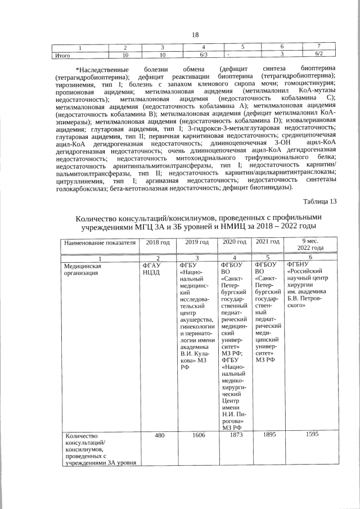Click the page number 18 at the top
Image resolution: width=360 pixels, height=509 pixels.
(195, 35)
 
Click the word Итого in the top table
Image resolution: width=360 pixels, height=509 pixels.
(61, 55)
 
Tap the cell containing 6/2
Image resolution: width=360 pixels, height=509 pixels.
(318, 55)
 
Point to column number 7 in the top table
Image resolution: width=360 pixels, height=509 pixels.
(318, 47)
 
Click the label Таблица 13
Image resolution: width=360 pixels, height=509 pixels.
(319, 202)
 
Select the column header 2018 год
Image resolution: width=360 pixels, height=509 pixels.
(157, 242)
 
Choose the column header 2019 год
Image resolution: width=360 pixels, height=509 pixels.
(196, 242)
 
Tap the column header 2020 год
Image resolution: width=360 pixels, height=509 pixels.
(235, 242)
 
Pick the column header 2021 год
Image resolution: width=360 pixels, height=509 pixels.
(268, 242)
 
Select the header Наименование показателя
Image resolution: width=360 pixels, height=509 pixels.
(100, 242)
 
